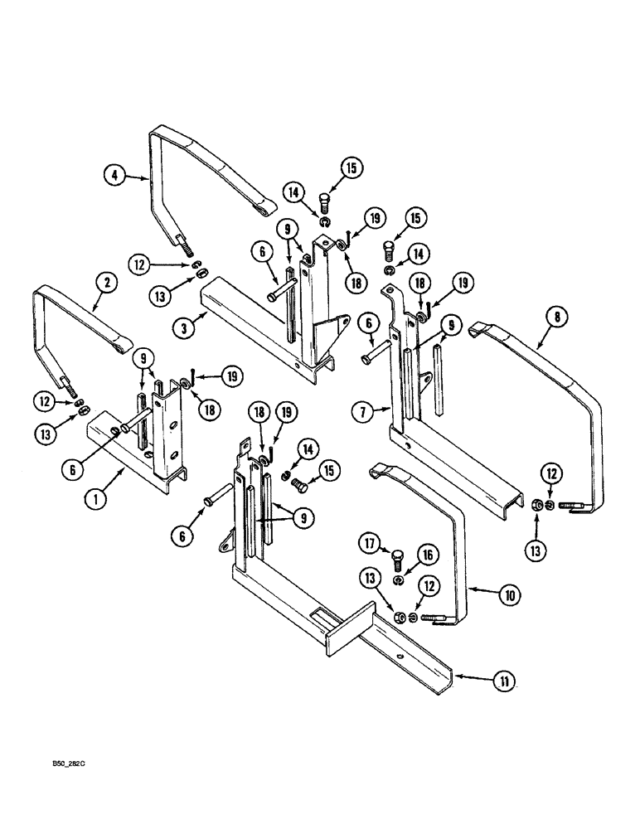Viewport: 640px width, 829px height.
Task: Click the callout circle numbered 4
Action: [115, 175]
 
